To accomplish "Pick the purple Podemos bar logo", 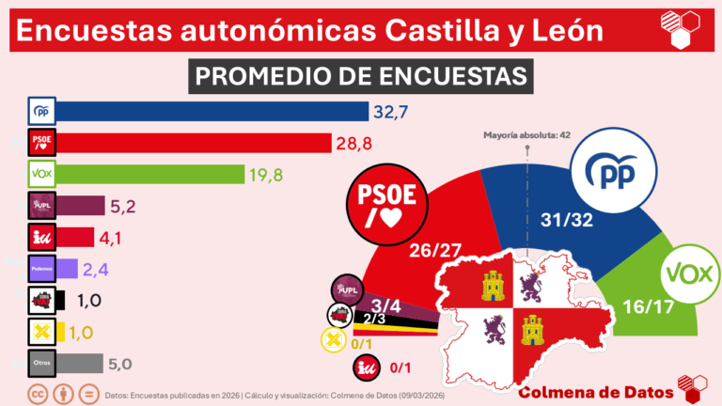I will [42, 269].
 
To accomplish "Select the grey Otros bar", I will [80, 363].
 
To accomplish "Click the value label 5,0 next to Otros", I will [125, 363].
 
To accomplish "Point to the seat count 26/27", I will [436, 251].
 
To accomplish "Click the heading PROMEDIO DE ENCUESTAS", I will [361, 75].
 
